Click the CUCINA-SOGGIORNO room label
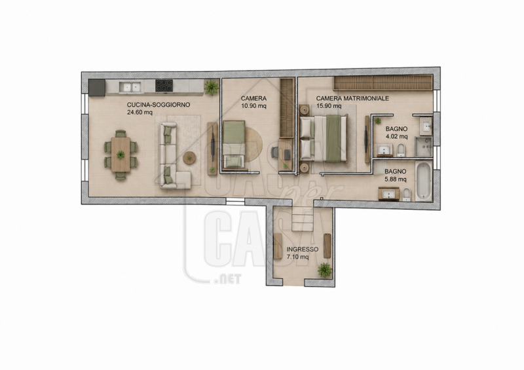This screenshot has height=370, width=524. click(159, 105)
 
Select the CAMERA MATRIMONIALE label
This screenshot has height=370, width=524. click(352, 98)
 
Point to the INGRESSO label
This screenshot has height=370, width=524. click(303, 250)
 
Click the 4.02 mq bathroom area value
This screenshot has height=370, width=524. click(397, 136)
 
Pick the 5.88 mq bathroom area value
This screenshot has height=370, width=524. click(396, 179)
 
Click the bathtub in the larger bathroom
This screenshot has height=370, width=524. click(424, 181)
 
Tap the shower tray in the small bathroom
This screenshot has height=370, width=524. click(424, 147)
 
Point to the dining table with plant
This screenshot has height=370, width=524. click(121, 155)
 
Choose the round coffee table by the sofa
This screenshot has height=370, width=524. click(189, 158)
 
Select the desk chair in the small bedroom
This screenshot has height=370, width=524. click(274, 152)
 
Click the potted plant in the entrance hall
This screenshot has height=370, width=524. click(324, 269)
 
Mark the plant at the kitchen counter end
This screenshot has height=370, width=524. click(211, 87)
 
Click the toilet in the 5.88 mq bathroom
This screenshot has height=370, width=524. click(406, 194)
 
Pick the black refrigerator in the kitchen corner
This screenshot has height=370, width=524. click(97, 88)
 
